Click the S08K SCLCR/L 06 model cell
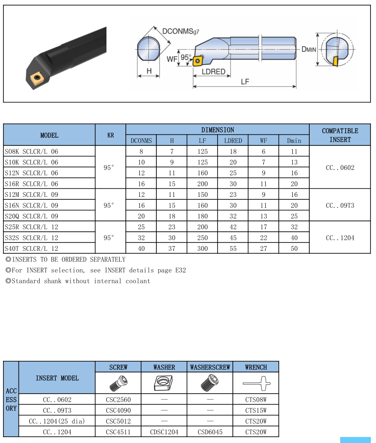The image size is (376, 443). (31, 151)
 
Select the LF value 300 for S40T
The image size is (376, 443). (202, 248)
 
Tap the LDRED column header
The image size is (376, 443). (233, 141)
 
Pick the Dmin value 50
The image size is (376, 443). (294, 248)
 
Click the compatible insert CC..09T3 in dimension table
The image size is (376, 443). (340, 205)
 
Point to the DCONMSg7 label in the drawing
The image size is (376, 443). (180, 31)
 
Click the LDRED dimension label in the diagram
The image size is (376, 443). (213, 72)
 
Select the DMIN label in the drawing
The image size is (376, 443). (308, 49)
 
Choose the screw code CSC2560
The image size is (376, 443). (118, 399)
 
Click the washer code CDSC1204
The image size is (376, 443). (164, 432)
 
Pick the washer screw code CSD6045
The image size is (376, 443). (210, 432)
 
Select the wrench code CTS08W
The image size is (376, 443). (256, 399)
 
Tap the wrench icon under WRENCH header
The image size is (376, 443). (256, 384)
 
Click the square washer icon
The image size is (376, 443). (164, 384)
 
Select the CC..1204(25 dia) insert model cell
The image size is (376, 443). (57, 421)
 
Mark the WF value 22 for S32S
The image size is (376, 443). (264, 238)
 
